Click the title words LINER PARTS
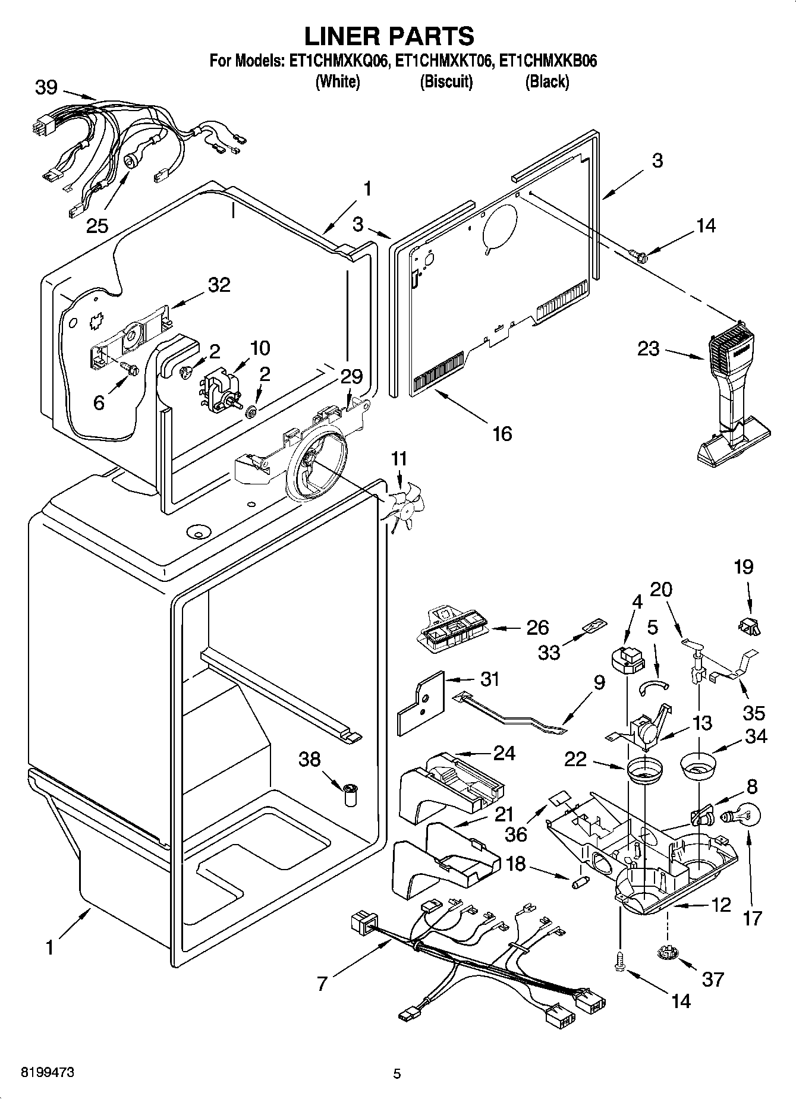pos(389,36)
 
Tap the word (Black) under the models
pos(546,81)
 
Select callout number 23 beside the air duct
pos(648,348)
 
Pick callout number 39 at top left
pos(46,87)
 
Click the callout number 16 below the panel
pos(502,433)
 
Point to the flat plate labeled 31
pos(421,702)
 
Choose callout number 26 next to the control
pos(537,628)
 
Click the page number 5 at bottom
pos(397,1073)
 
